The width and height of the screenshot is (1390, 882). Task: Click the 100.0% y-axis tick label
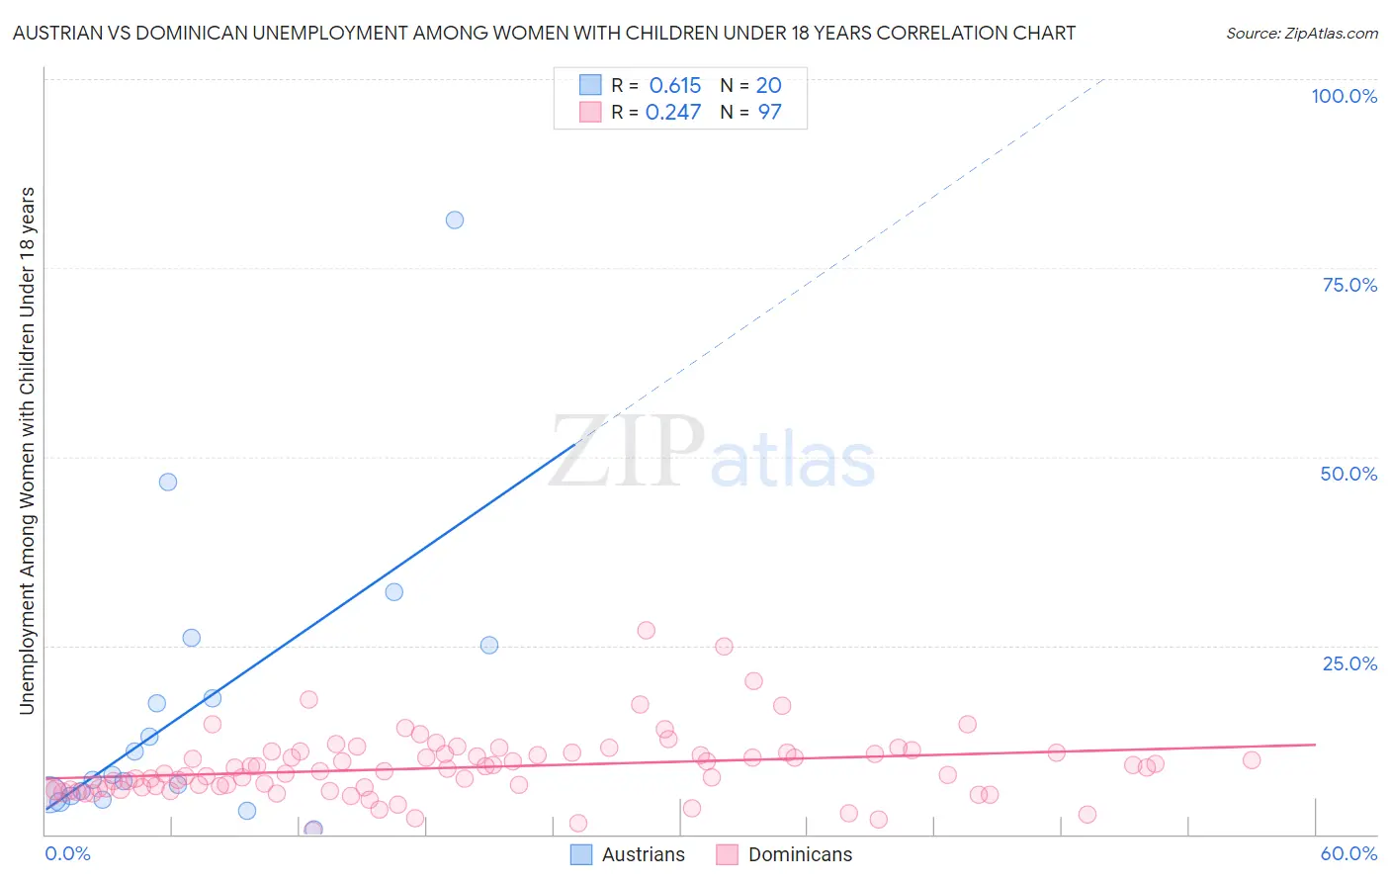tap(1344, 96)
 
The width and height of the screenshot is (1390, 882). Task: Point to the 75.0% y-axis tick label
tap(1349, 285)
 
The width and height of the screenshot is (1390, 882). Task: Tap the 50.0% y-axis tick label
tap(1348, 474)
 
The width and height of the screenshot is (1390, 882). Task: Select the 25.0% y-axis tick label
tap(1349, 663)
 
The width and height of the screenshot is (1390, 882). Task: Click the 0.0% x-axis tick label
tap(67, 853)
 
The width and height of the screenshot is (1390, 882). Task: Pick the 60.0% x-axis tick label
tap(1348, 853)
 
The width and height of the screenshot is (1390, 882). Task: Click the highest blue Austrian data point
tap(455, 220)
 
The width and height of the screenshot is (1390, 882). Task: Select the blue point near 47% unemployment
tap(168, 482)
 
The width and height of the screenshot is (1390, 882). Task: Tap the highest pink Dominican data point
tap(647, 630)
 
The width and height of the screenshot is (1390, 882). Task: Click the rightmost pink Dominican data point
tap(1252, 760)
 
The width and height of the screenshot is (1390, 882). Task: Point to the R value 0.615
tap(674, 86)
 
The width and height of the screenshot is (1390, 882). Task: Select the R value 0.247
tap(673, 112)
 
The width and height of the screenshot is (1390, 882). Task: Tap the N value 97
tap(769, 112)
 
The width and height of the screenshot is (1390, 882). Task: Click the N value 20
tap(768, 86)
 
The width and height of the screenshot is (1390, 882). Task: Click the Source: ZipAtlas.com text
tap(1301, 33)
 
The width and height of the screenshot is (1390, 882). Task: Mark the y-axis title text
tap(27, 450)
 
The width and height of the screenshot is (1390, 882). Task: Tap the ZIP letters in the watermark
tap(627, 452)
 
